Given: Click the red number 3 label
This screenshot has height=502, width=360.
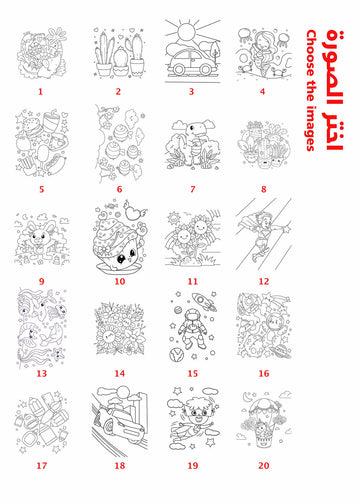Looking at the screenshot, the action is [x=191, y=91].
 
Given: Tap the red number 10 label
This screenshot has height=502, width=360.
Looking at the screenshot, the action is [x=120, y=281].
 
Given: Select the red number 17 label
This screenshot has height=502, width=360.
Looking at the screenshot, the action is [x=42, y=465].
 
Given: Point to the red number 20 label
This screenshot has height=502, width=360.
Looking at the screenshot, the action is [x=264, y=465].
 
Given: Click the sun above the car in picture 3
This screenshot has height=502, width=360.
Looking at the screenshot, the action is [x=186, y=32].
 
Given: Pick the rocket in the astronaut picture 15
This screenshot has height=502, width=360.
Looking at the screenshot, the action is [x=201, y=301].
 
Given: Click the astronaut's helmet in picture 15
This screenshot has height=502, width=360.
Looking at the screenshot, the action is [x=192, y=316].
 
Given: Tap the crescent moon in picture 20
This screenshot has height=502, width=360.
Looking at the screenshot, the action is [x=247, y=396].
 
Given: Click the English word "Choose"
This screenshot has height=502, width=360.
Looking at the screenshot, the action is [x=311, y=53].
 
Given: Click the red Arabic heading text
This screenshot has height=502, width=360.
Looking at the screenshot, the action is [x=334, y=90].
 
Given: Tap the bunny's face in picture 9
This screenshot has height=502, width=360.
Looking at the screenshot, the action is [x=39, y=237].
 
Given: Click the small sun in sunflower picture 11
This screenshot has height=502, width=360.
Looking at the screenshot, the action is [x=174, y=218].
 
